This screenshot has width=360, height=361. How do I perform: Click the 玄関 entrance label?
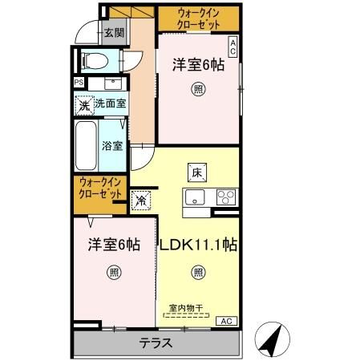click(114, 33)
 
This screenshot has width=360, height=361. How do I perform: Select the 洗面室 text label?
click(110, 103)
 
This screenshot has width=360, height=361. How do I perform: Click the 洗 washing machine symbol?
click(83, 103)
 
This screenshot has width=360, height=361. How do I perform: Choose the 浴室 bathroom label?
click(112, 146)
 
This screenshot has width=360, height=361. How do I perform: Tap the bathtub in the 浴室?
click(86, 146)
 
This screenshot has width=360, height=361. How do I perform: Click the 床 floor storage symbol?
click(197, 171)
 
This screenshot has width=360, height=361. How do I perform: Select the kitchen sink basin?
click(195, 197)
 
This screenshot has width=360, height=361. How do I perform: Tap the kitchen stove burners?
click(224, 197)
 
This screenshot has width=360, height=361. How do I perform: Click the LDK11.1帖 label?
click(201, 245)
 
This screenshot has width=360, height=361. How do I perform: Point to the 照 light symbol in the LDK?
click(197, 273)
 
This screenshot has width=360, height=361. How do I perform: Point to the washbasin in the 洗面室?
click(111, 83)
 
